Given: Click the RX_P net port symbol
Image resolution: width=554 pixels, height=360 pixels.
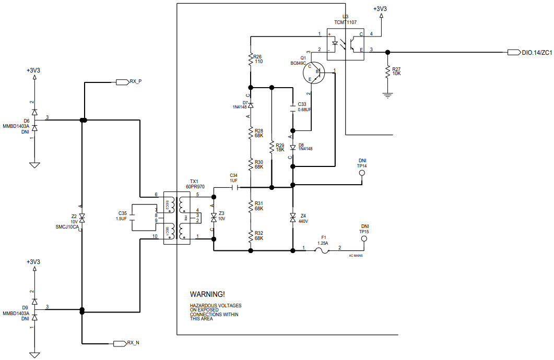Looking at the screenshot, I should click(122, 82).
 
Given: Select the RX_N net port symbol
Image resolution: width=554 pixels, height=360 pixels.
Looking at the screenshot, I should click(121, 343).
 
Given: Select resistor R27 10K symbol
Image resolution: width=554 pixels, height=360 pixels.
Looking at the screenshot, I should click(387, 72).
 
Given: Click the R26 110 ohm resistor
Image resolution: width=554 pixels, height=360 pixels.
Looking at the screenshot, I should click(251, 59).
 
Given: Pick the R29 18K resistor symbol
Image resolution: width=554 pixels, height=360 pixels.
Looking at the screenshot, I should click(272, 148).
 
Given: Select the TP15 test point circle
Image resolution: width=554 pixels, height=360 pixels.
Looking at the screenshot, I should click(364, 238).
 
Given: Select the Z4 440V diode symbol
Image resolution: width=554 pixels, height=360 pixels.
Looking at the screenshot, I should click(292, 218).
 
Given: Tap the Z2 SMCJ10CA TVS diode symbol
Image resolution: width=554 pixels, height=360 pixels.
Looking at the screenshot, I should click(82, 218).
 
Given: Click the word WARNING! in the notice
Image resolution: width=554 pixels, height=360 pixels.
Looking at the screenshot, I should click(207, 295).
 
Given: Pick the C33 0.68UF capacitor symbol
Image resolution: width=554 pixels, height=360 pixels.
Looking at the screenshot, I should click(292, 110).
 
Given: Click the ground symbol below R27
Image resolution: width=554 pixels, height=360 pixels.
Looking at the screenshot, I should click(387, 94).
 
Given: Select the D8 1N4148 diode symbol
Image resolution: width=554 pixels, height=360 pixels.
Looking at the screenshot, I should click(292, 148).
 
